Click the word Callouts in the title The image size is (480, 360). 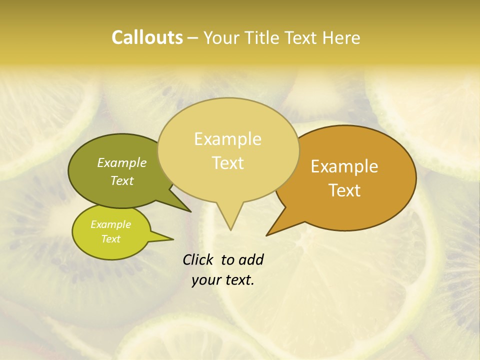click(147, 37)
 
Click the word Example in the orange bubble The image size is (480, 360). click(344, 166)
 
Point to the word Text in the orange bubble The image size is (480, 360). click(344, 190)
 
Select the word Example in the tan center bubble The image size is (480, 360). click(227, 139)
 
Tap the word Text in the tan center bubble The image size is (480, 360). click(227, 163)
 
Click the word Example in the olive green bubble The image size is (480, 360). click(122, 163)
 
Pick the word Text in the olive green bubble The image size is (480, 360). click(122, 180)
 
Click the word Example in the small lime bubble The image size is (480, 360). click(110, 224)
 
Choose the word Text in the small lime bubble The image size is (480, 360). click(110, 239)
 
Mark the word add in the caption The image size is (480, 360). click(251, 260)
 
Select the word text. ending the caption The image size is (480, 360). click(237, 280)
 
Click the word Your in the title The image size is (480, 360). click(220, 37)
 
